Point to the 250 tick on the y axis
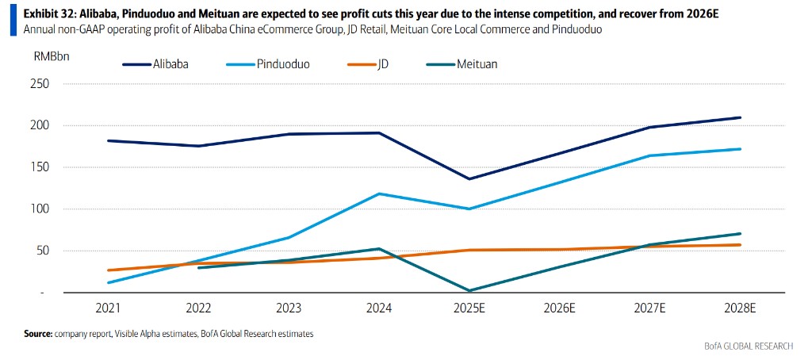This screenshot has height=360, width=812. click(x=39, y=84)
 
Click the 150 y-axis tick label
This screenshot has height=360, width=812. click(x=39, y=167)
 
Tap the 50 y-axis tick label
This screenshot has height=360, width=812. click(x=42, y=251)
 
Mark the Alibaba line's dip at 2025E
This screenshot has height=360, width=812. click(x=469, y=179)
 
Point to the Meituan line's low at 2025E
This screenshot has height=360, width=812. click(x=469, y=291)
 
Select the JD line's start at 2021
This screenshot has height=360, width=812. click(x=107, y=270)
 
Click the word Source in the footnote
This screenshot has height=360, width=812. click(x=37, y=335)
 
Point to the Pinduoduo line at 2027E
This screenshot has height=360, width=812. click(x=650, y=155)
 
